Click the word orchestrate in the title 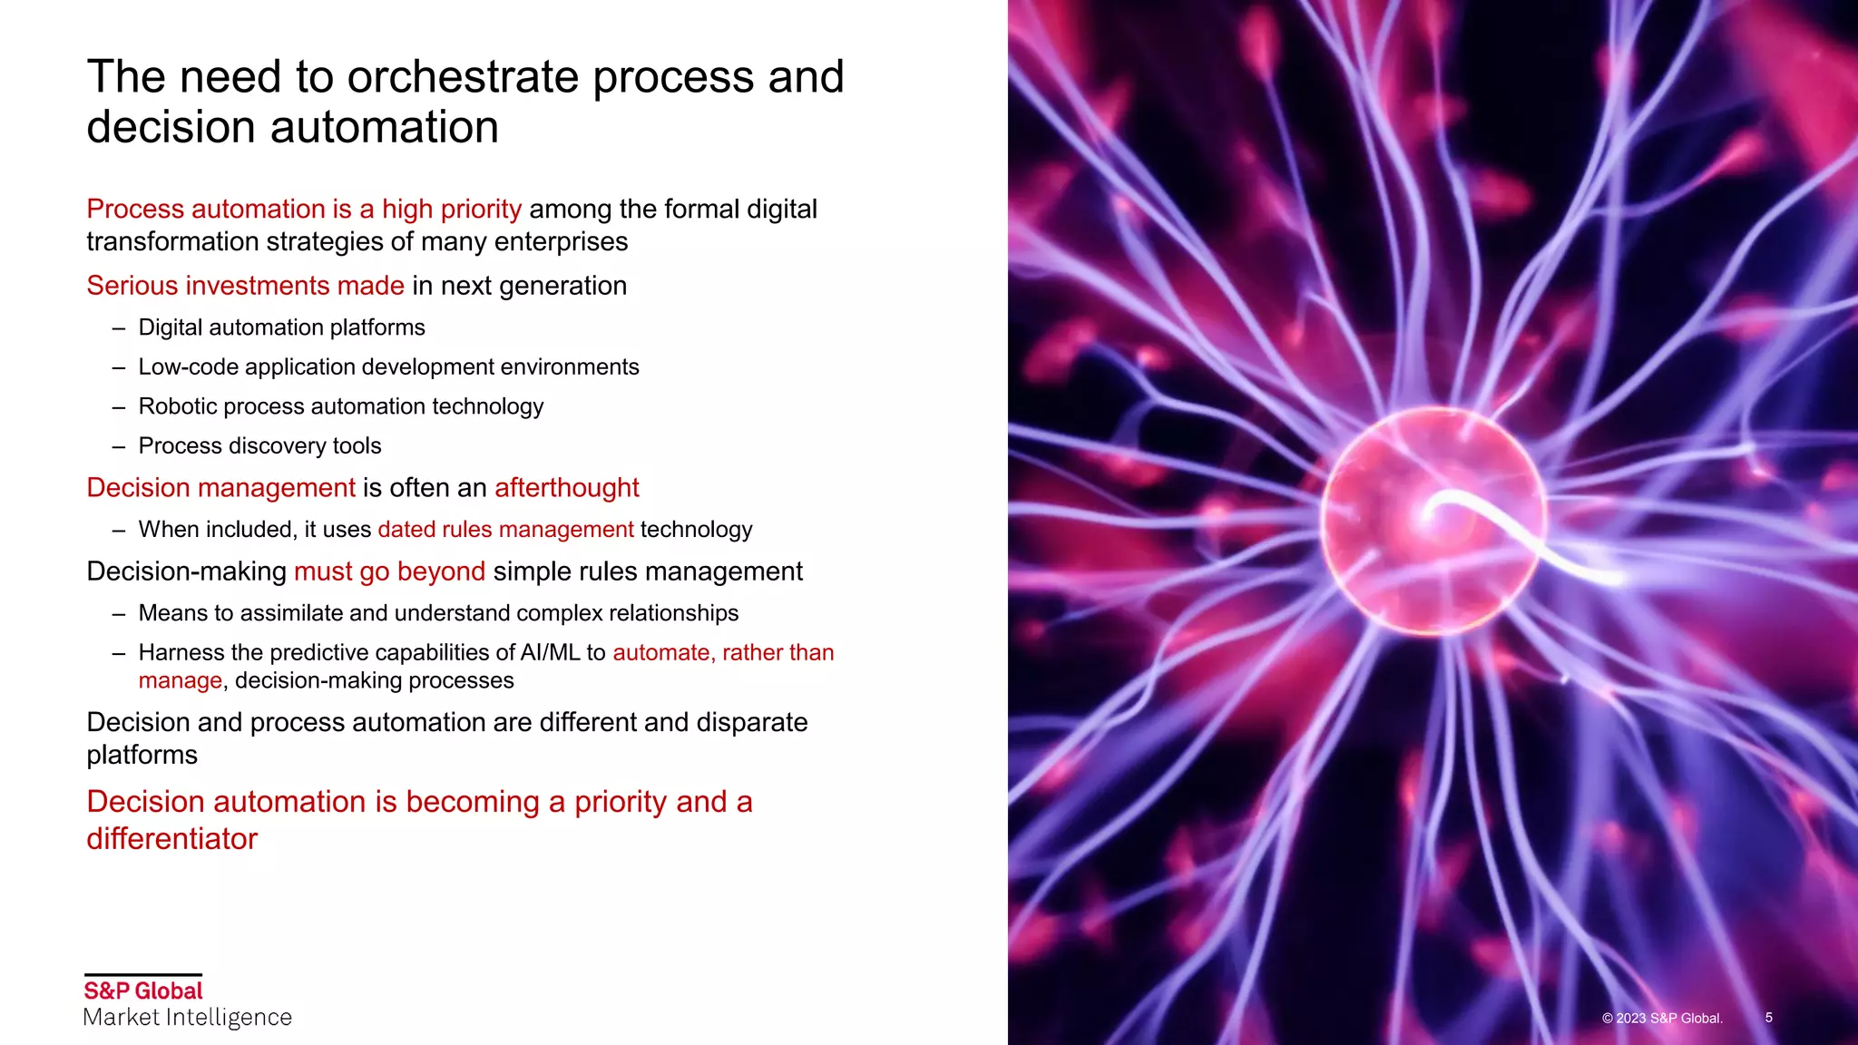click(464, 77)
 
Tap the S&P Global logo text click(143, 991)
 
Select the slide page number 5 click(1768, 1018)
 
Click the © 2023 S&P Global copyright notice click(1662, 1019)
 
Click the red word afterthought click(567, 488)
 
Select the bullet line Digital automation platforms click(281, 327)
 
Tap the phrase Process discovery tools click(259, 446)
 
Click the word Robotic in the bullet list click(178, 406)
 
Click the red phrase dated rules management click(505, 530)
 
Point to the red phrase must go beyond click(389, 571)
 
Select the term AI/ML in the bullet click(550, 653)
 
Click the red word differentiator click(172, 839)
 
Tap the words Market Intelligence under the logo click(188, 1018)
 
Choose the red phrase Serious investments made click(245, 286)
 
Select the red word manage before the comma click(180, 681)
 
